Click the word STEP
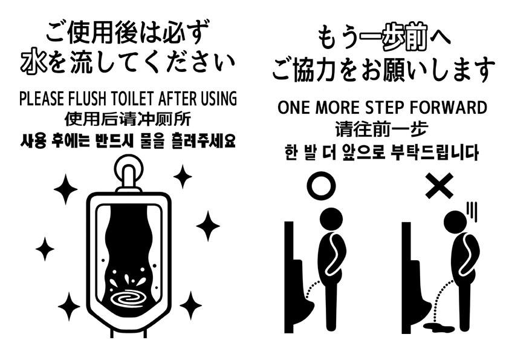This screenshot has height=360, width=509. tap(380, 108)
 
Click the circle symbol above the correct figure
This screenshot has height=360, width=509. tap(322, 186)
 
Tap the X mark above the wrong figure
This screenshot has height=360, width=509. tap(439, 186)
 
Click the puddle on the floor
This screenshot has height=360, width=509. tap(439, 327)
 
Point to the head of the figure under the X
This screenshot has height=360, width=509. tap(455, 222)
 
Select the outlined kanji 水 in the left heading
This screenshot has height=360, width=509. tap(34, 61)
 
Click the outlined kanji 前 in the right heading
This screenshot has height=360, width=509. tap(415, 38)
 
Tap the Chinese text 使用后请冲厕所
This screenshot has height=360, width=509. tap(128, 119)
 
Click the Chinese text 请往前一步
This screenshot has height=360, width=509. tap(381, 129)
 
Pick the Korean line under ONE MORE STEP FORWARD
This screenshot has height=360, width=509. tap(381, 152)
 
